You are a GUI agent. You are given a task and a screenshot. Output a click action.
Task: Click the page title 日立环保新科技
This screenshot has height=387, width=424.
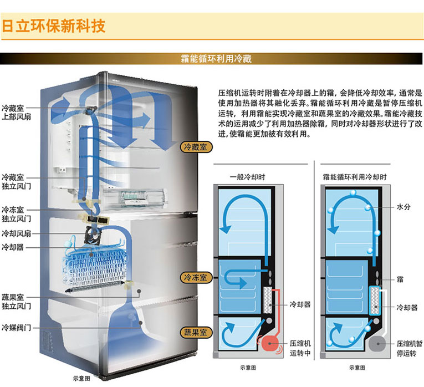(x=53, y=26)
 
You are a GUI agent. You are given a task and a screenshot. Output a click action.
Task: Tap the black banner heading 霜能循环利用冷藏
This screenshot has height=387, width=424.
(x=216, y=58)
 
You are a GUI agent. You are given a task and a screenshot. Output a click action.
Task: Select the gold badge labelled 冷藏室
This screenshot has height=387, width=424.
(x=196, y=147)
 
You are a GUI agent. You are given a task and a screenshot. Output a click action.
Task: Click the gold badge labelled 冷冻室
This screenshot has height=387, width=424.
(x=196, y=277)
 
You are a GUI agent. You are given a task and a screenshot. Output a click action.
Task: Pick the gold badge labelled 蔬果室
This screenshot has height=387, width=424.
(x=196, y=332)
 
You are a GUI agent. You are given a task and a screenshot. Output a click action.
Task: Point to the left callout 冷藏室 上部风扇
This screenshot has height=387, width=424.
(x=16, y=113)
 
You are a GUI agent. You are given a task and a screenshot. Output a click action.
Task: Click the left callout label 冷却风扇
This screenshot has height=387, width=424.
(x=16, y=233)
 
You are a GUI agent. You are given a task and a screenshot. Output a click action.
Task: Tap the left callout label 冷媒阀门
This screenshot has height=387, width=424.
(x=16, y=328)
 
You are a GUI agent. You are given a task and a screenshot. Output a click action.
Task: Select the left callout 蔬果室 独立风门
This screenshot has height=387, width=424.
(x=16, y=302)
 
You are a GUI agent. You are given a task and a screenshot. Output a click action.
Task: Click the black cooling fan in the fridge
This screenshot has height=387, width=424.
(x=92, y=234)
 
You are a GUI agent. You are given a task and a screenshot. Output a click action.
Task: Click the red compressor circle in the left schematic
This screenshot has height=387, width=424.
(x=270, y=343)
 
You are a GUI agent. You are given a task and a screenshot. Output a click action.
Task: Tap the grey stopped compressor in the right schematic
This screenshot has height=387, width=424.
(x=377, y=344)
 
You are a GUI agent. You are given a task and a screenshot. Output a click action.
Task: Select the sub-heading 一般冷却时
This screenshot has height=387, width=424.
(x=247, y=177)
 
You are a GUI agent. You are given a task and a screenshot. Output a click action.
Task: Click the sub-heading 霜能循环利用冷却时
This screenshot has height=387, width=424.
(x=355, y=177)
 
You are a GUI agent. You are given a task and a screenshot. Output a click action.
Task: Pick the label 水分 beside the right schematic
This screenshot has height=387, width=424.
(x=403, y=207)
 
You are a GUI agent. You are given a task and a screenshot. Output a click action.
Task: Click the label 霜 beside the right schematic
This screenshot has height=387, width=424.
(x=400, y=279)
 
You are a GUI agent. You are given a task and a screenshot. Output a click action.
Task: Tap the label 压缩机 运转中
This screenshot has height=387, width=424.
(x=300, y=348)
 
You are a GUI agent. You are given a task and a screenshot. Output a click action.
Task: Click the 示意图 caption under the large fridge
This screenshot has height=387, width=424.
(x=81, y=378)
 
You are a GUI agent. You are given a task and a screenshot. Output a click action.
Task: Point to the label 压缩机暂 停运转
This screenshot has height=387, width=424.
(x=410, y=349)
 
